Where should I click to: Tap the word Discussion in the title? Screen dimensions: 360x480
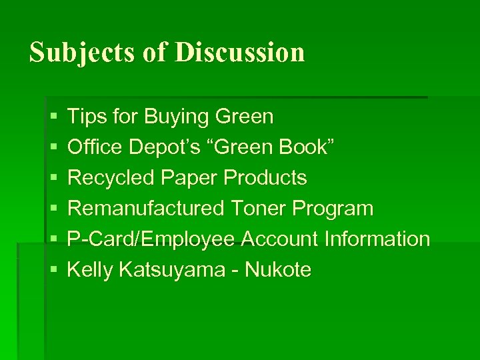(x=240, y=52)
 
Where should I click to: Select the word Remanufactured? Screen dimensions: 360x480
(x=146, y=209)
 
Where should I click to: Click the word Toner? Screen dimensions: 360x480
(x=259, y=209)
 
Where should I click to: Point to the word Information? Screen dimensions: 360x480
(x=377, y=239)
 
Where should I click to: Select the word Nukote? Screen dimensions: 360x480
(x=278, y=269)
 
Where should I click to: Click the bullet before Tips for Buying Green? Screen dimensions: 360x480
(x=53, y=117)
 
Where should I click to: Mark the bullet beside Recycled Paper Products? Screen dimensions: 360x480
(x=53, y=179)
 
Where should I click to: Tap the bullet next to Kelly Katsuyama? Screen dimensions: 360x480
(x=53, y=271)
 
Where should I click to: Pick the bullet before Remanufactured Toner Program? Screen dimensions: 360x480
(x=53, y=209)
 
